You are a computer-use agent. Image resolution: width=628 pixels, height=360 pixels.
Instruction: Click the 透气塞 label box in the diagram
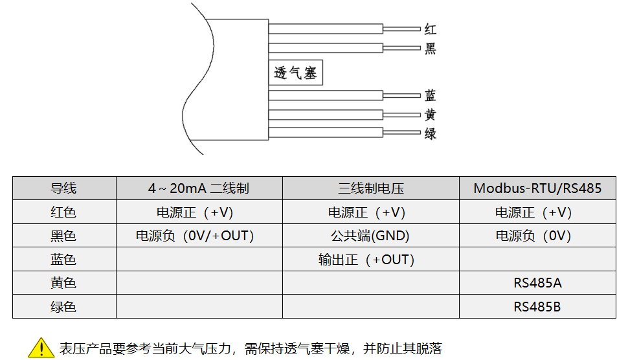296,73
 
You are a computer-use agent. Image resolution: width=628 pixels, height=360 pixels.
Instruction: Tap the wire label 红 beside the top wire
431,29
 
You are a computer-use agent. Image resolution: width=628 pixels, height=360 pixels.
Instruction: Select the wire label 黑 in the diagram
431,49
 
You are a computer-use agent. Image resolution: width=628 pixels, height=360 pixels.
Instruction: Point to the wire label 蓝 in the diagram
431,96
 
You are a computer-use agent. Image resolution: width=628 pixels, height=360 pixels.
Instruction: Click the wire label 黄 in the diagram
431,115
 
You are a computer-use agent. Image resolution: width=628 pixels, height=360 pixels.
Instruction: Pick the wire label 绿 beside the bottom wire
431,134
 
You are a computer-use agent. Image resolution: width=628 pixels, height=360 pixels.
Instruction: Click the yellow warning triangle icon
41,348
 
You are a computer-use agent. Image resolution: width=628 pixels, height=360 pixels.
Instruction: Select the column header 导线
63,188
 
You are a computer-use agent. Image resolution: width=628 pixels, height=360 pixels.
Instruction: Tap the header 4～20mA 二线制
198,188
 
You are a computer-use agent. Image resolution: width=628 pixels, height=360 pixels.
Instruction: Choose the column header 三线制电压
370,188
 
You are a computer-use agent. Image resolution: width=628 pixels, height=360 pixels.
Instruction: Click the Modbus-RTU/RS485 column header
537,188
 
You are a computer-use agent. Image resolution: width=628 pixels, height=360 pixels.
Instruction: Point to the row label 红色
63,212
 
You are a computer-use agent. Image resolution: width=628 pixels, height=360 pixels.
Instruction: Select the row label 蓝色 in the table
63,260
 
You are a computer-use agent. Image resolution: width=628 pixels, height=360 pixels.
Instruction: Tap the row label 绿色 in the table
63,306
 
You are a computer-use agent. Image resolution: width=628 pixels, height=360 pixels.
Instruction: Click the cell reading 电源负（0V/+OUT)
194,236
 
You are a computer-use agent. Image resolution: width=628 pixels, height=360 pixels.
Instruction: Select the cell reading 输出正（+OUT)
366,260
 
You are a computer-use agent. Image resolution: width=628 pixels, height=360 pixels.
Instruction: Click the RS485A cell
537,283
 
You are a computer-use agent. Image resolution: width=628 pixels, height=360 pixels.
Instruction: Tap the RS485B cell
537,306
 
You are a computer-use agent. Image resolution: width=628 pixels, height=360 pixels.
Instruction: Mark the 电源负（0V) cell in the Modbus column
533,236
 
